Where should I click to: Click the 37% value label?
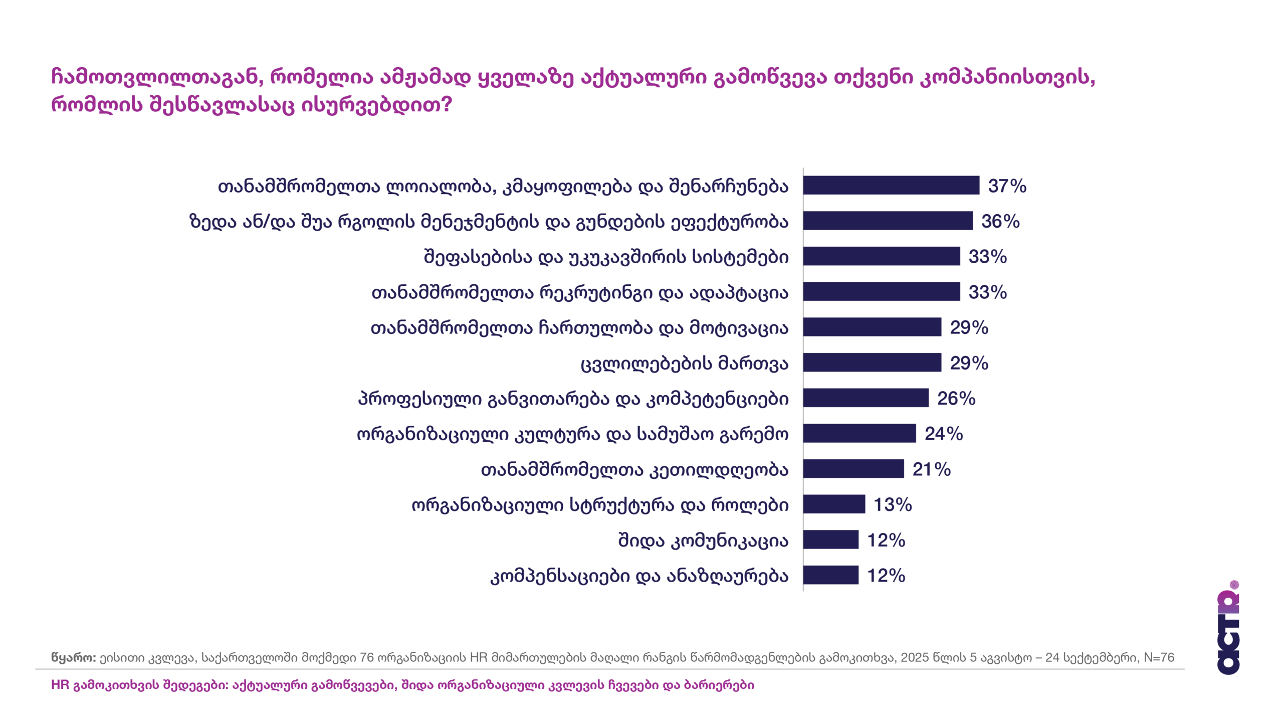1006,186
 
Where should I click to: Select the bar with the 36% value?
888,221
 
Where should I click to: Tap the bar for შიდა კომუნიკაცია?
830,540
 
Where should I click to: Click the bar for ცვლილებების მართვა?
872,363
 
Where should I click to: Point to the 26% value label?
956,399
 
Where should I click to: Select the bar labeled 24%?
860,434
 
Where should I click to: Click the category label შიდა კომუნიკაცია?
703,541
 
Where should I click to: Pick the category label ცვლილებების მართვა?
685,364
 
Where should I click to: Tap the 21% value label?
931,470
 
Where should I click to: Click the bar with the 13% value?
834,504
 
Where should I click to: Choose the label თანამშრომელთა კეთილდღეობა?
634,470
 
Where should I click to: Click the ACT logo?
1228,629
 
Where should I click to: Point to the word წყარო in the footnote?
73,657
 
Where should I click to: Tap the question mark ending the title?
447,105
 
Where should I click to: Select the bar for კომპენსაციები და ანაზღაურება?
830,575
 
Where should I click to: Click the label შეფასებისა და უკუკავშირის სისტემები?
606,257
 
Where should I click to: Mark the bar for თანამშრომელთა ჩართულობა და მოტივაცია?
872,327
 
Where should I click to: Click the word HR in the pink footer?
60,685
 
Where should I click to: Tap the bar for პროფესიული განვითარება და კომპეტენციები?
866,398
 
